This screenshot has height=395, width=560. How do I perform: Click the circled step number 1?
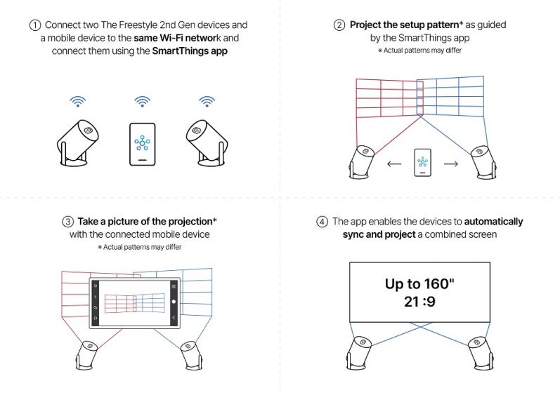point(34,25)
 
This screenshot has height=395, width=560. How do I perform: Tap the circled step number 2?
point(339,25)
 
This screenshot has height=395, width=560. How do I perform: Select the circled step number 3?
point(68,222)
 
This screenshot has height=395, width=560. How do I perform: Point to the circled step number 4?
point(322,222)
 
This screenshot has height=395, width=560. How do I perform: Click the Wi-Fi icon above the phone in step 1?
point(142,102)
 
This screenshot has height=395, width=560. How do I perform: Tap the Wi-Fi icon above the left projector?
point(78,102)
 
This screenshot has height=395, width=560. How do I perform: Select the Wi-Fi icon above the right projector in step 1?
point(206,102)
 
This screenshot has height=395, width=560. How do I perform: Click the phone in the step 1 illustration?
point(142,145)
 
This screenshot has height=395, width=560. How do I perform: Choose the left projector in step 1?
point(78,142)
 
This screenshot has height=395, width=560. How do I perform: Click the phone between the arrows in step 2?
point(422,162)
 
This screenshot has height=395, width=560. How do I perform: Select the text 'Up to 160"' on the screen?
point(420,284)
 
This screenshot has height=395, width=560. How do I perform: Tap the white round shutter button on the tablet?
point(173,302)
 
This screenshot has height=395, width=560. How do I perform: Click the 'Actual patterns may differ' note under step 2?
point(420,51)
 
